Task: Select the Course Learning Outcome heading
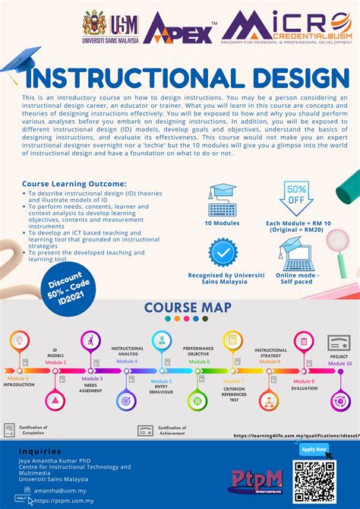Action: (x=74, y=183)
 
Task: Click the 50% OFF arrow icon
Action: (x=295, y=200)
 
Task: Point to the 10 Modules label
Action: (x=223, y=223)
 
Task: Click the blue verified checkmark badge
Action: (x=223, y=252)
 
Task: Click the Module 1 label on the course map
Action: (x=18, y=378)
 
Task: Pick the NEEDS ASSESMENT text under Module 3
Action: (x=92, y=388)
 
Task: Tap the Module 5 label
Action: (x=161, y=381)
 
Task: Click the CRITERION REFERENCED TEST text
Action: (x=233, y=393)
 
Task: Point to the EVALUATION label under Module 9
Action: (x=305, y=388)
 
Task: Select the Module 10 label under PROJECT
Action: (x=339, y=364)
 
